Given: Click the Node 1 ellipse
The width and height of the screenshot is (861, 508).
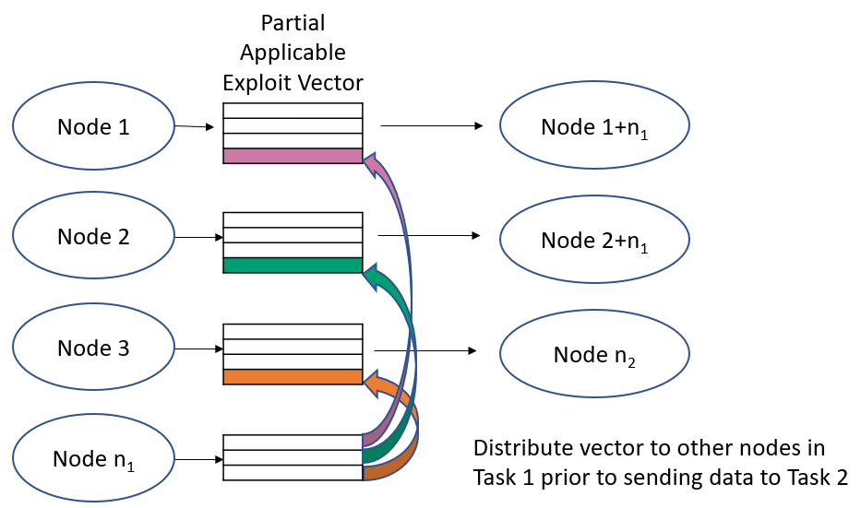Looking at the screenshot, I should (x=93, y=126).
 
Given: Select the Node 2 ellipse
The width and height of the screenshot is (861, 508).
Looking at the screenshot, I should (x=93, y=237).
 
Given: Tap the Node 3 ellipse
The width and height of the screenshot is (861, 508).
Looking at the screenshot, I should (x=93, y=349).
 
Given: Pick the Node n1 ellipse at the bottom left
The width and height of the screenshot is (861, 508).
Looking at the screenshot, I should (x=93, y=458).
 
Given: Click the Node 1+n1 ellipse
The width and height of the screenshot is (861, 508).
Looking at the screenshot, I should (x=594, y=126).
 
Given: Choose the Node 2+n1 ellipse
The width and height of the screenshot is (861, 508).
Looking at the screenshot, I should (x=594, y=241).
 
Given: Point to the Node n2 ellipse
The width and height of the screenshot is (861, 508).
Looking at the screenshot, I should (x=594, y=354).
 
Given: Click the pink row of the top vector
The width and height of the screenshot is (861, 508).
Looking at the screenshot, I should (x=292, y=156).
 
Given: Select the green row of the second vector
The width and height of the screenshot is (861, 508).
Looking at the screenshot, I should (x=292, y=266).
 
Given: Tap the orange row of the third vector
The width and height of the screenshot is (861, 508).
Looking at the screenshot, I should (x=292, y=376).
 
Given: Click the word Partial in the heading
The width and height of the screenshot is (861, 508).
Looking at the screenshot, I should (x=293, y=22).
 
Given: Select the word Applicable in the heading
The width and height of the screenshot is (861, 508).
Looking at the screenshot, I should (x=293, y=53).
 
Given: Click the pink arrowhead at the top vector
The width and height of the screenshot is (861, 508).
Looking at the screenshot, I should (x=373, y=163).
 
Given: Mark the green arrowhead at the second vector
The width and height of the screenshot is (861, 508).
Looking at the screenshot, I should (x=372, y=274).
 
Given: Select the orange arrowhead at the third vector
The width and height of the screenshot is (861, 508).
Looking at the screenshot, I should (x=373, y=382).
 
